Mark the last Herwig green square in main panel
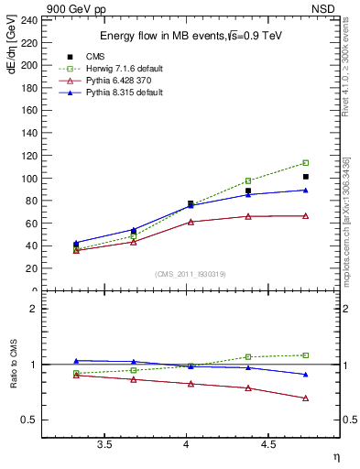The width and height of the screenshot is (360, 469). (x=306, y=163)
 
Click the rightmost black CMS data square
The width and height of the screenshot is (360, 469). (x=306, y=177)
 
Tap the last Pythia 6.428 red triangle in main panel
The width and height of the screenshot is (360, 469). (x=306, y=215)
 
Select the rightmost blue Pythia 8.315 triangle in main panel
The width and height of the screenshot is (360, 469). (x=306, y=190)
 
